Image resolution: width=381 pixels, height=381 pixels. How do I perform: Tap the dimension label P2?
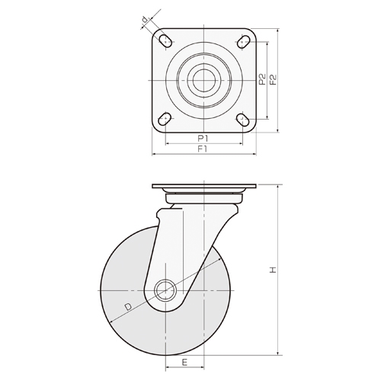click(x=261, y=78)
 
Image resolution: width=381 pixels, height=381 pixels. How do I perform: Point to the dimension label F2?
click(x=272, y=78)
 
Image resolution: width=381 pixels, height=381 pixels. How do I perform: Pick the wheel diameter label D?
click(x=128, y=307)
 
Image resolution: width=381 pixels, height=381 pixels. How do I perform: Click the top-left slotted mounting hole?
click(x=165, y=39)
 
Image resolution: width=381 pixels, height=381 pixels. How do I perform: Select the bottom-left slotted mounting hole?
click(x=165, y=118)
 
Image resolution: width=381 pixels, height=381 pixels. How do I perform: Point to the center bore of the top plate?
click(x=203, y=78)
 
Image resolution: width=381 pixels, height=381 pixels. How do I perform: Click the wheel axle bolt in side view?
click(x=165, y=290)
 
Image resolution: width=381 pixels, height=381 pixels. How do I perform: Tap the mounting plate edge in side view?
click(x=203, y=187)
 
